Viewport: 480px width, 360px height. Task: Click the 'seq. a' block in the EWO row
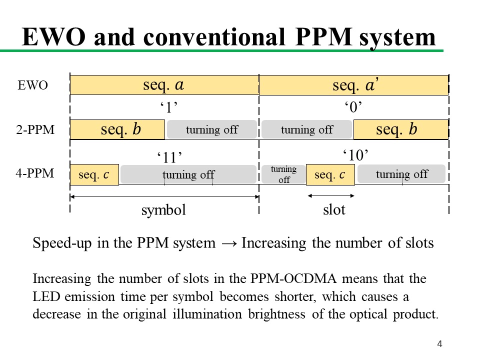pyautogui.click(x=164, y=85)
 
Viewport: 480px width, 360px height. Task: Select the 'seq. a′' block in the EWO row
pyautogui.click(x=353, y=85)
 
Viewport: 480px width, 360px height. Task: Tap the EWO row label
pyautogui.click(x=32, y=85)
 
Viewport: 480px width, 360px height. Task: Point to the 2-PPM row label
pyautogui.click(x=35, y=130)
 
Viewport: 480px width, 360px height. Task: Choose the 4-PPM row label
pyautogui.click(x=35, y=174)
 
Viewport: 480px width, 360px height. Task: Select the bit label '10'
pyautogui.click(x=355, y=154)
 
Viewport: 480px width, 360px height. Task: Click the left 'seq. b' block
pyautogui.click(x=117, y=130)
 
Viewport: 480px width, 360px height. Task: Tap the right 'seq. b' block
pyautogui.click(x=400, y=130)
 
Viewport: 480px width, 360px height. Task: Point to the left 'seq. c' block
pyautogui.click(x=94, y=175)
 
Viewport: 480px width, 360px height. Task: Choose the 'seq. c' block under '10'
pyautogui.click(x=330, y=175)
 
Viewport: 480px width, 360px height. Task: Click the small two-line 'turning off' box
pyautogui.click(x=283, y=174)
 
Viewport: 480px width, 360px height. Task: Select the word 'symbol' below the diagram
pyautogui.click(x=163, y=210)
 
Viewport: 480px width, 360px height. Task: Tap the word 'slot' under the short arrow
pyautogui.click(x=334, y=210)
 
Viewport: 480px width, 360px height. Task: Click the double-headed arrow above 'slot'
pyautogui.click(x=330, y=195)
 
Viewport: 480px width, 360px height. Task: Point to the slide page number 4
pyautogui.click(x=439, y=343)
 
